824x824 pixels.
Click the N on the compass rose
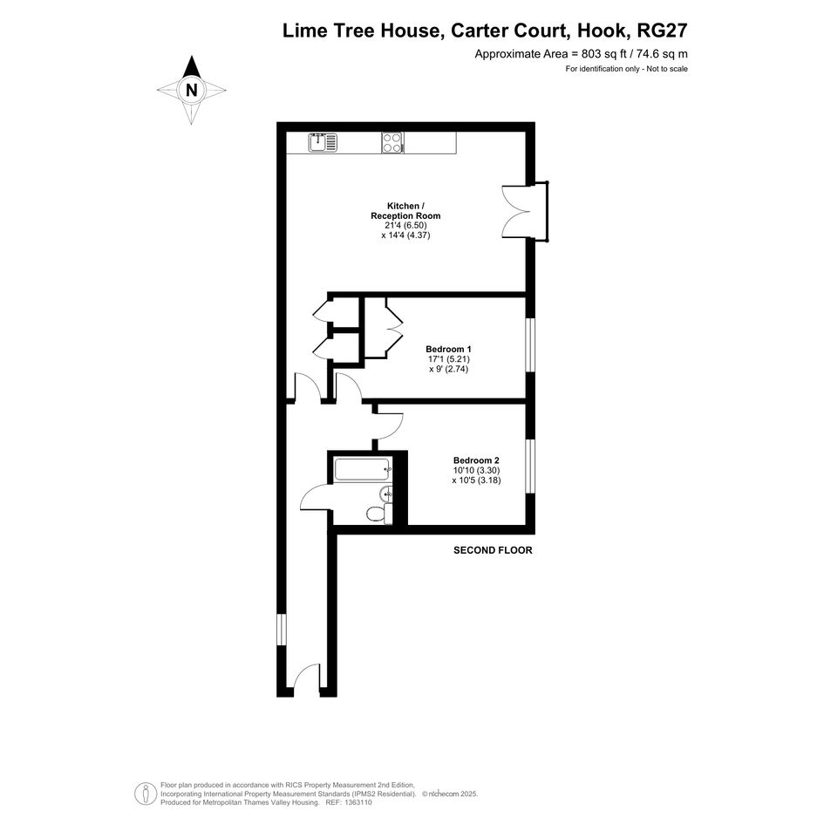[191, 91]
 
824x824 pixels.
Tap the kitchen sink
[323, 142]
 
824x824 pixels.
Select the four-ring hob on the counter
[392, 142]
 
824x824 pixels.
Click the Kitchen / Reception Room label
[405, 211]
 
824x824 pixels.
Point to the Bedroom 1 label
[448, 349]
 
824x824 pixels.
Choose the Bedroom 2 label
[476, 460]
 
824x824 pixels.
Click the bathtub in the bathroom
[363, 469]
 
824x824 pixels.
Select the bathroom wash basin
[385, 494]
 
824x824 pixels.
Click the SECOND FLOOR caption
[493, 550]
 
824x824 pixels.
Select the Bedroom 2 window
[531, 466]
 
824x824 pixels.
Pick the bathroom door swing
[316, 497]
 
